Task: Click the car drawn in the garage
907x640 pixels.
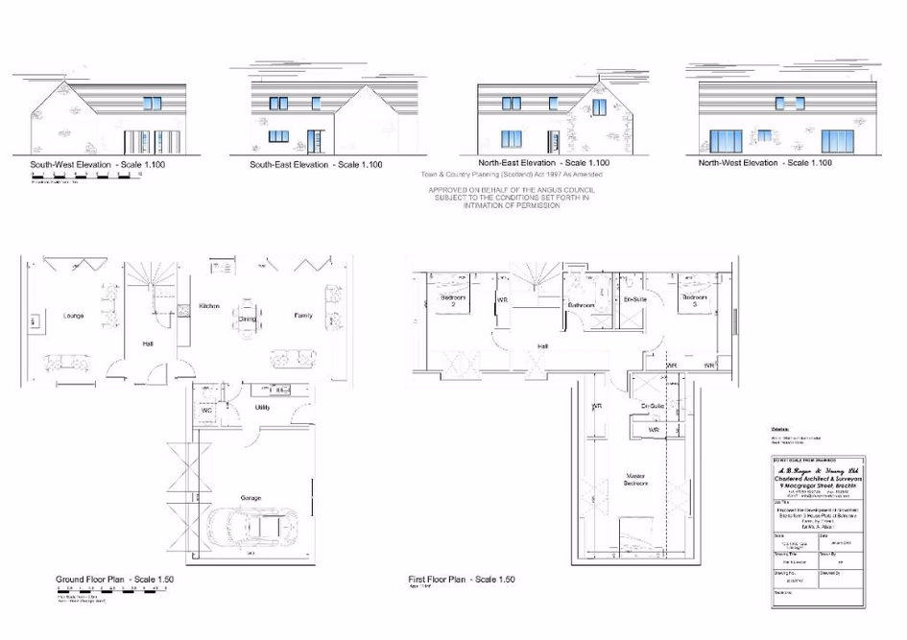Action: pyautogui.click(x=252, y=525)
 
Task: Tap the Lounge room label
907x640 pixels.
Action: pyautogui.click(x=73, y=315)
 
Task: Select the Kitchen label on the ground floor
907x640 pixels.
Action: pyautogui.click(x=209, y=306)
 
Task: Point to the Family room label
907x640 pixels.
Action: pyautogui.click(x=302, y=316)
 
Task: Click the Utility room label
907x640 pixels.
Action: pyautogui.click(x=261, y=408)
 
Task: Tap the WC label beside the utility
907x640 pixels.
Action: pyautogui.click(x=206, y=411)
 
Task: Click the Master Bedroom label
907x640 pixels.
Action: pyautogui.click(x=635, y=480)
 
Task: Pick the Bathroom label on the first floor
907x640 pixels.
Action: pyautogui.click(x=581, y=305)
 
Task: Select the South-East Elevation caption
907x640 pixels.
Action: pyautogui.click(x=316, y=165)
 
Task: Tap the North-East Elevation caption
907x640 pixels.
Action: pyautogui.click(x=543, y=163)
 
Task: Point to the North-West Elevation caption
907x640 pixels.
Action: pyautogui.click(x=765, y=163)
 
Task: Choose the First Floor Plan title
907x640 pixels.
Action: pyautogui.click(x=462, y=580)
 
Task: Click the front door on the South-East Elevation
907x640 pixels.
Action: pyautogui.click(x=313, y=137)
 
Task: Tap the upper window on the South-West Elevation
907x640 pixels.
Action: pyautogui.click(x=153, y=103)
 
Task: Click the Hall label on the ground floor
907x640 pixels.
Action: pyautogui.click(x=149, y=343)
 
